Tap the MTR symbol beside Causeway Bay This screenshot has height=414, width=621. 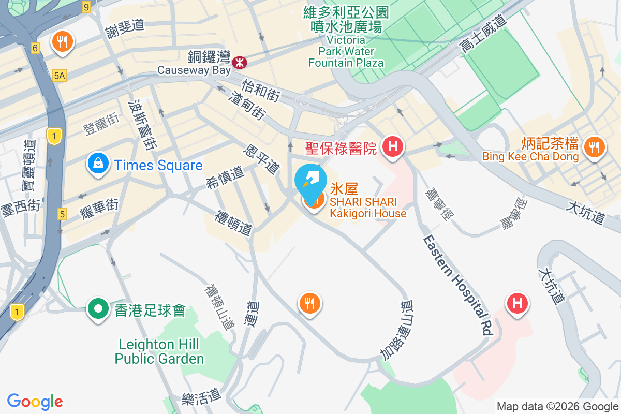coord(240,63)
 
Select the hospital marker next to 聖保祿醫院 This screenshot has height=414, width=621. coord(393,146)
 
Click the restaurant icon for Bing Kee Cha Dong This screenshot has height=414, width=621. coord(594,147)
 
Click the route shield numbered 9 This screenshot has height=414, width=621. coord(86,7)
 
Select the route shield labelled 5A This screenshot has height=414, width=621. coord(60,76)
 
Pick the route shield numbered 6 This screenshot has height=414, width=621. coord(35,48)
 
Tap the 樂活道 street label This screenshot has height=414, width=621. coord(201,397)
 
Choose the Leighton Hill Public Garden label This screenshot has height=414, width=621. coord(159,351)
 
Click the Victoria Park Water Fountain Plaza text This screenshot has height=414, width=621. coord(346,51)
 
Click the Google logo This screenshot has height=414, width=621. coord(35,402)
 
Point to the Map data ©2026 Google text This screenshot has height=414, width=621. coord(557,407)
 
